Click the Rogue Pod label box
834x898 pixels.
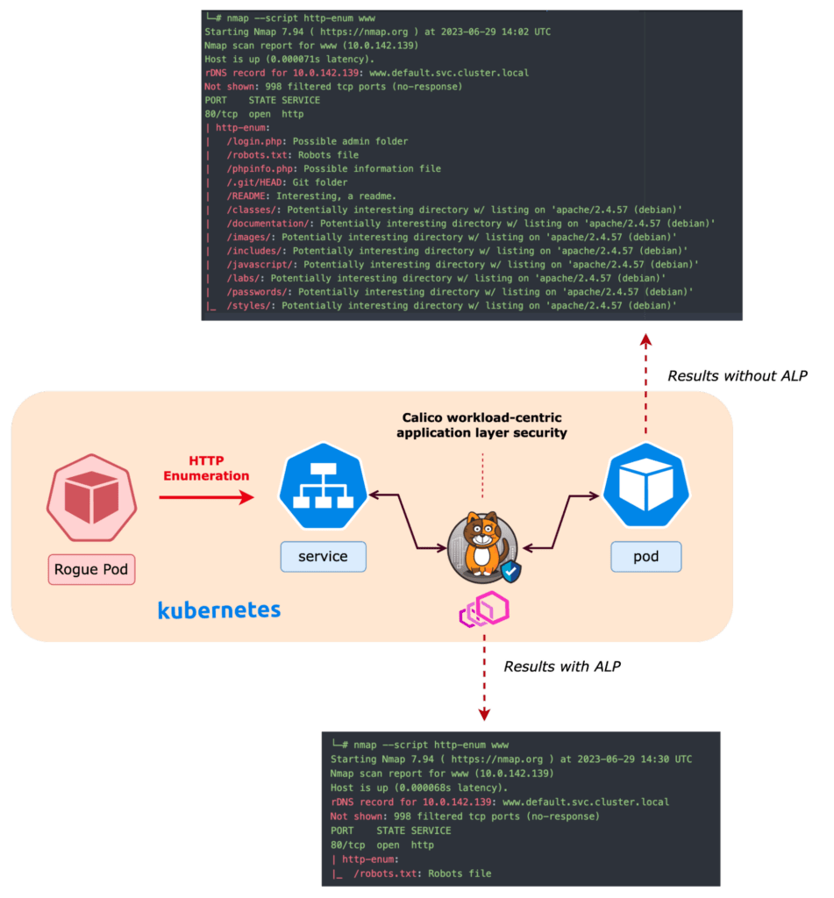[x=91, y=569]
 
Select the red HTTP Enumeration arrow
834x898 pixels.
[x=205, y=497]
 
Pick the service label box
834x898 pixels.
[x=323, y=557]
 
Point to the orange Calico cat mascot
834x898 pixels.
[x=478, y=544]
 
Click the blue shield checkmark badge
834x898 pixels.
[x=510, y=573]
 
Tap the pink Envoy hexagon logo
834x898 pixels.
[x=484, y=609]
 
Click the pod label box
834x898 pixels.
[x=645, y=557]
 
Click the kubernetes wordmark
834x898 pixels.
[x=219, y=609]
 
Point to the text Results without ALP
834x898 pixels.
[x=737, y=376]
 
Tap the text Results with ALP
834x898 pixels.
[x=562, y=666]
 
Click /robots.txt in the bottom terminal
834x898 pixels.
[x=388, y=873]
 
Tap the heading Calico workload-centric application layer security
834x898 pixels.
[x=481, y=425]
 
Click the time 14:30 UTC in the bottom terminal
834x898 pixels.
[x=655, y=759]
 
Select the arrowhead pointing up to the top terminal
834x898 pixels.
[x=645, y=340]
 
